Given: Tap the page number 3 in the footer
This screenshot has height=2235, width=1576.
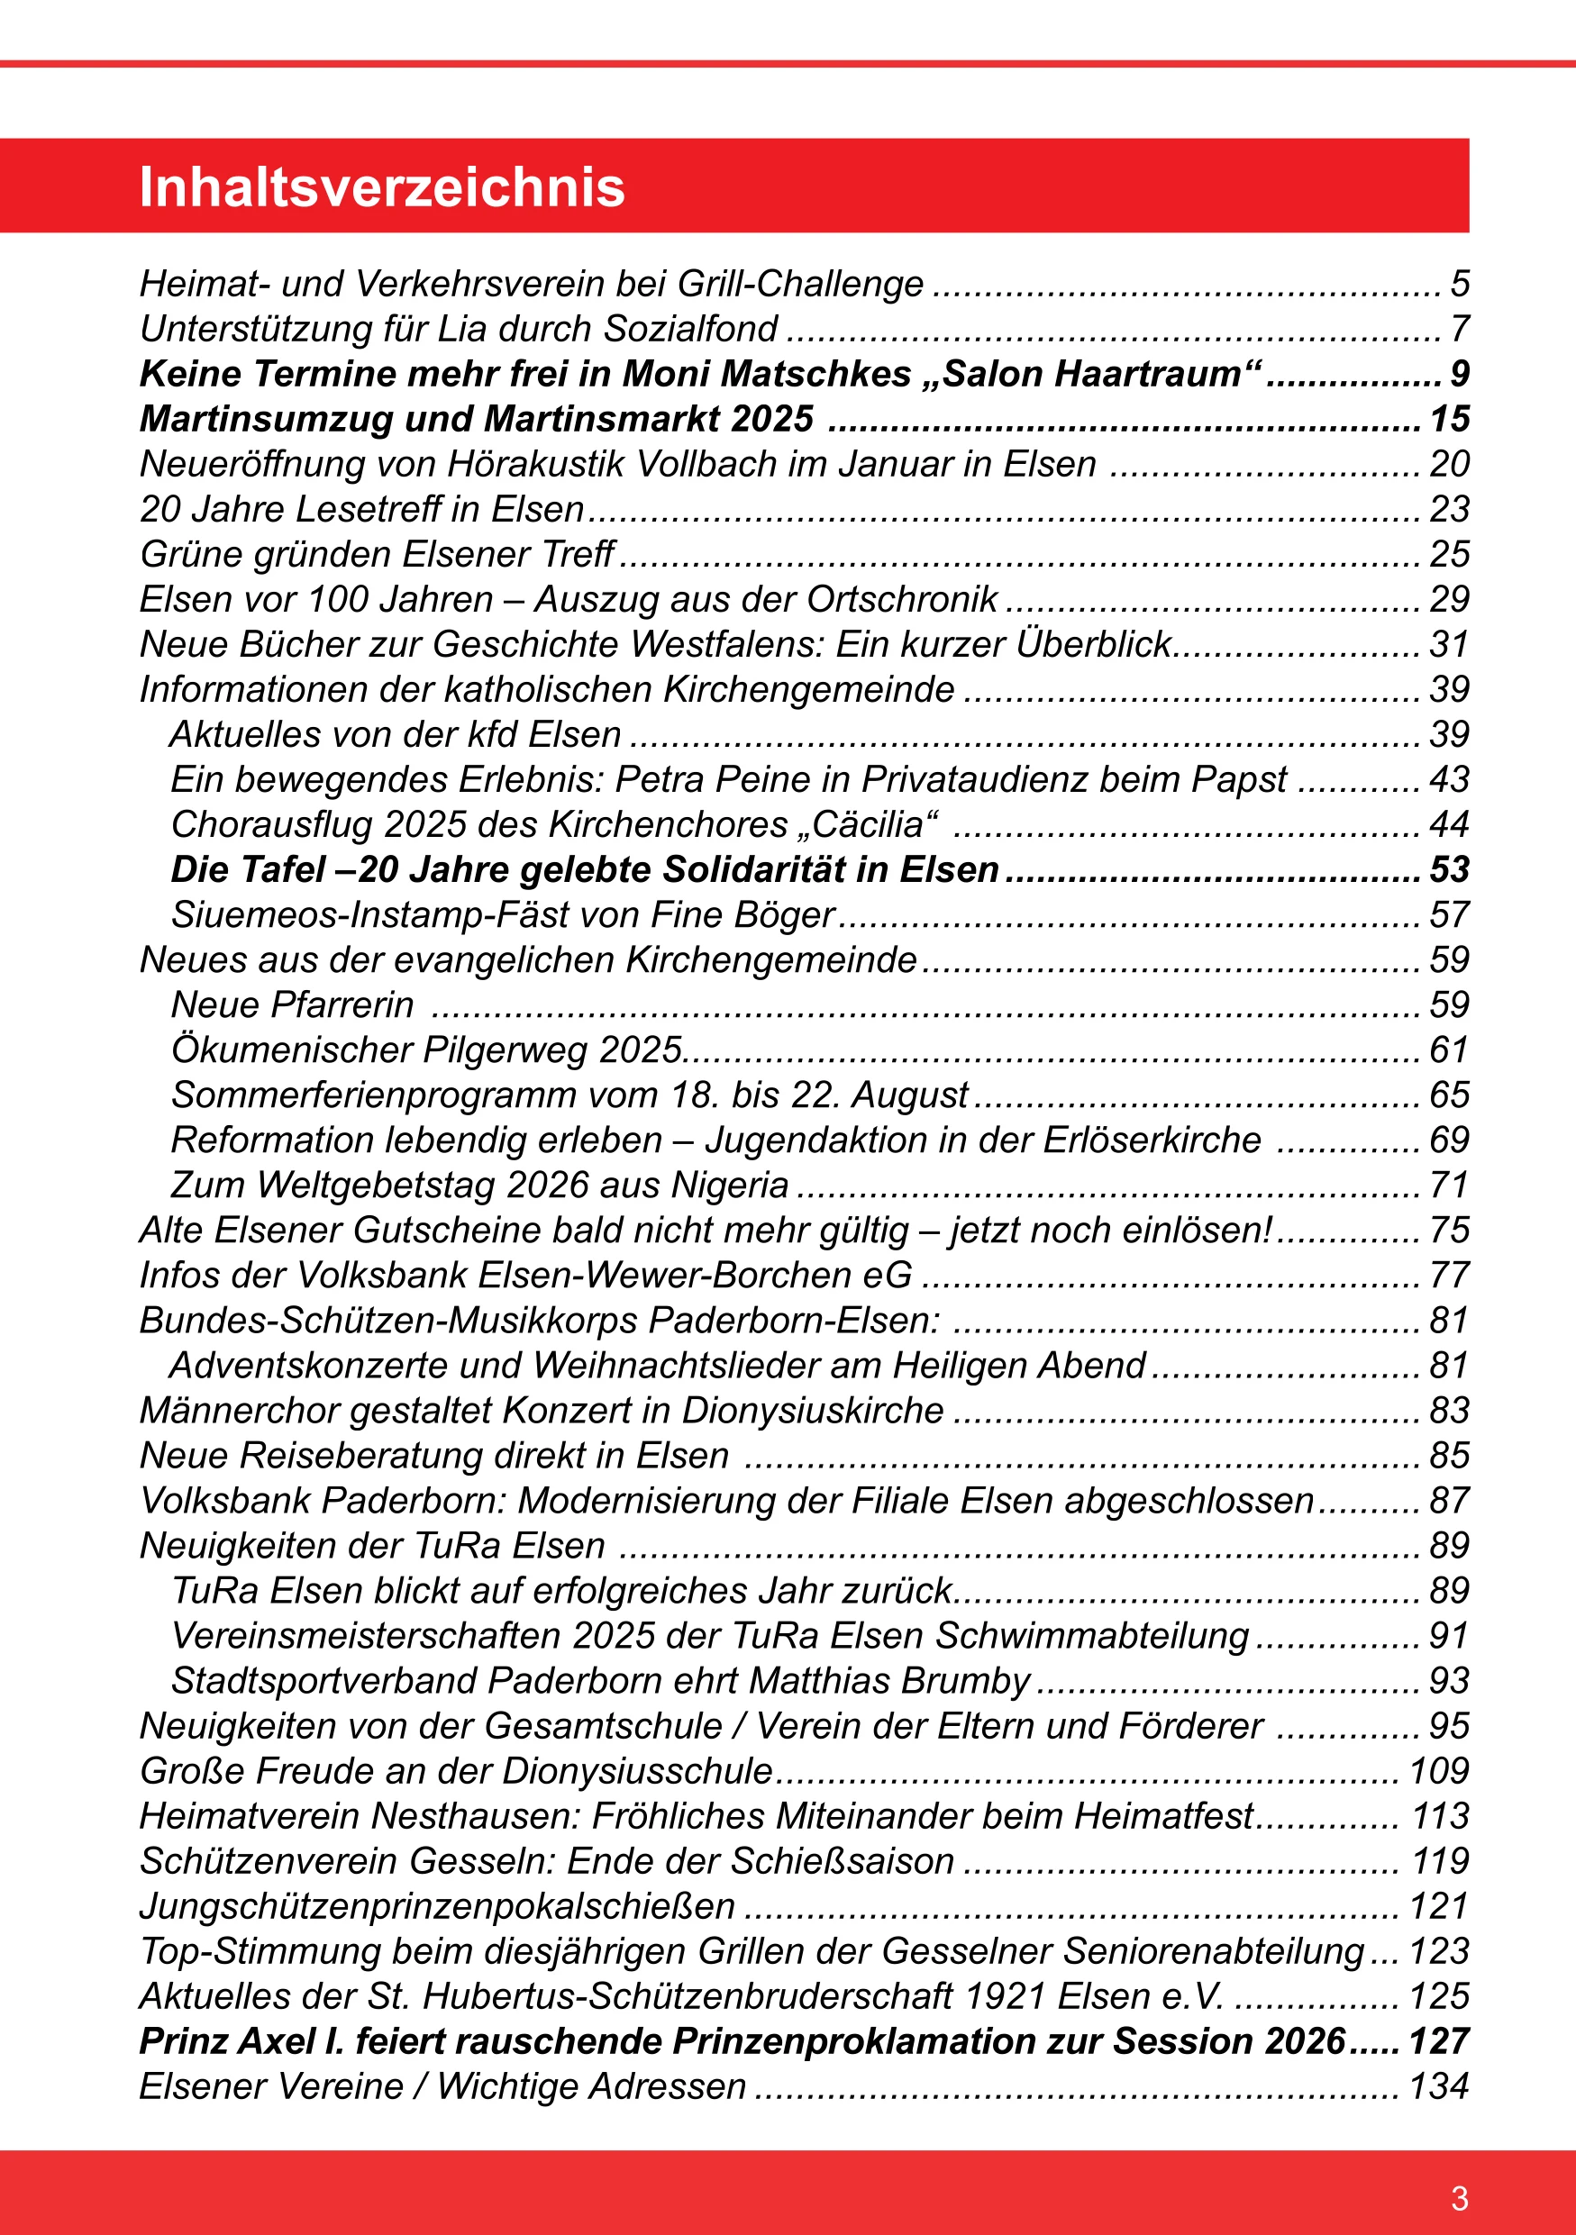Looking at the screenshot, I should coord(1459,2198).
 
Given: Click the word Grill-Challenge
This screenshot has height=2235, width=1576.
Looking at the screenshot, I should coord(800,285).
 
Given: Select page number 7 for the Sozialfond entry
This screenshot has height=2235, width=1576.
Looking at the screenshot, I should coord(1459,329).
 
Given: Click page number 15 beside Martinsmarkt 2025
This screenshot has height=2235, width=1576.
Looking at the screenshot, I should coord(1448,420).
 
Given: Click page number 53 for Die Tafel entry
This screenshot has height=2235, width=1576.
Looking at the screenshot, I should coord(1448,869).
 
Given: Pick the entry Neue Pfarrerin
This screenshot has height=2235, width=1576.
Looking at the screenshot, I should coord(292,1004).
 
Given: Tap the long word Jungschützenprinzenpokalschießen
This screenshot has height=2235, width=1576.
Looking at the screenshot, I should coord(437,1906).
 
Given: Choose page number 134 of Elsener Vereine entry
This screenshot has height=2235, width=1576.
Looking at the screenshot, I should coord(1438,2086).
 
